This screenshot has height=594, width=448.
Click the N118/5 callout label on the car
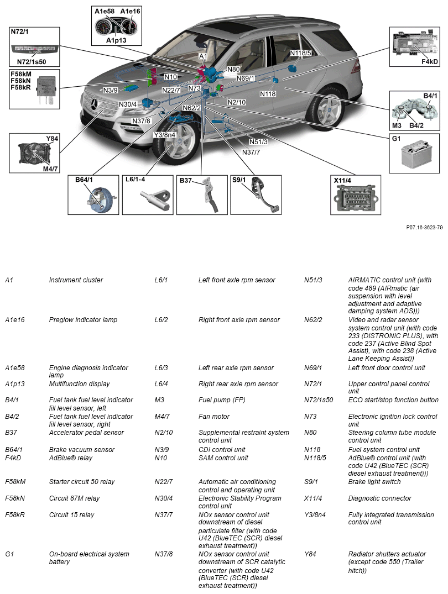point(301,53)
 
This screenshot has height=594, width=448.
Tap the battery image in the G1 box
point(415,156)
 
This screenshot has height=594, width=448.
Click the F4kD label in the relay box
point(429,61)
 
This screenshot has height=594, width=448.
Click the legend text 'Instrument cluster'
point(76,280)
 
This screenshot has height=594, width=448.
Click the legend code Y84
point(310,554)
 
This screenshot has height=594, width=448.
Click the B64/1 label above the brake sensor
point(84,180)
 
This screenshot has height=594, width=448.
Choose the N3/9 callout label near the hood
point(111,90)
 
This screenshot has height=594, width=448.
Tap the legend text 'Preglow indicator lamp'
point(83,320)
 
